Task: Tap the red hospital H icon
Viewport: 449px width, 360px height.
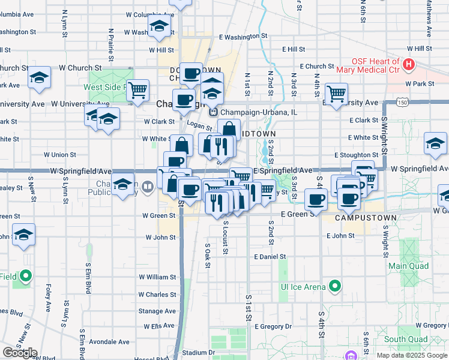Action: pos(409,64)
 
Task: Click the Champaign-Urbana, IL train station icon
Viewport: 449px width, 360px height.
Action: pos(212,112)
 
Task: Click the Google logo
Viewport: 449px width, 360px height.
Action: pos(20,353)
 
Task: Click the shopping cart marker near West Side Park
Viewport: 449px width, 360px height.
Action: pos(139,91)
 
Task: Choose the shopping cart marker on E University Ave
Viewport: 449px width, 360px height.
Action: pos(336,93)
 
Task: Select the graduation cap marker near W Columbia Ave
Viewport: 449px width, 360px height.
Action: pos(159,26)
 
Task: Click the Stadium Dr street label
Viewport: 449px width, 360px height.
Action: pos(199,353)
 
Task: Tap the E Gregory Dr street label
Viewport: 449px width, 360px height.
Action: pos(273,326)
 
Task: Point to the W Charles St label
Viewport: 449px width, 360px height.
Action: pos(157,295)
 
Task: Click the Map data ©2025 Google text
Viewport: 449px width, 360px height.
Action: pos(411,355)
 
